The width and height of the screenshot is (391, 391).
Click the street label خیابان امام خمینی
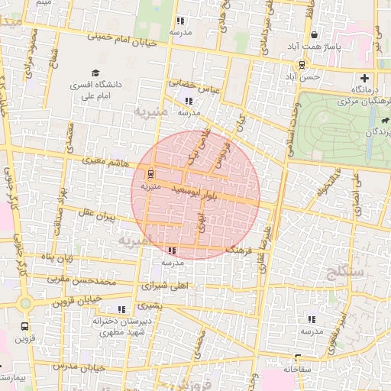(121, 39)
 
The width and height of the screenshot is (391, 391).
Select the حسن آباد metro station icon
(302, 65)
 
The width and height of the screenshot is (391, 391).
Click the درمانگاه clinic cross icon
(364, 78)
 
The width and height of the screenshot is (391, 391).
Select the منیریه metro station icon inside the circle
(150, 173)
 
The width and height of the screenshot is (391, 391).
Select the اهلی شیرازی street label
(160, 286)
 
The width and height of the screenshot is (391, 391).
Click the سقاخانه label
(299, 369)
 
